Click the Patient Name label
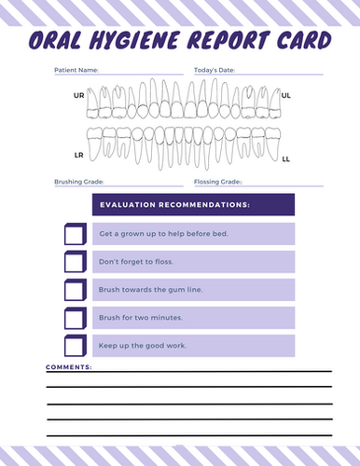click(x=76, y=70)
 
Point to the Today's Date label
click(x=215, y=70)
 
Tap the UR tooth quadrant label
click(x=78, y=95)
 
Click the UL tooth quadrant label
click(x=285, y=95)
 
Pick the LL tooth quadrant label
click(x=285, y=159)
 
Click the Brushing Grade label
click(x=79, y=182)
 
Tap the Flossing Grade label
click(x=217, y=182)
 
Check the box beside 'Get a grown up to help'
click(x=74, y=234)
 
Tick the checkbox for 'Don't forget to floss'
click(x=74, y=262)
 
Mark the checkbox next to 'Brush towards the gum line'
click(x=74, y=290)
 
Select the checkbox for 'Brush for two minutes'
click(x=74, y=318)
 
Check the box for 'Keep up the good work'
click(x=74, y=347)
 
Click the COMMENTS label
click(x=69, y=367)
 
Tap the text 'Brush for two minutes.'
click(x=140, y=318)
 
